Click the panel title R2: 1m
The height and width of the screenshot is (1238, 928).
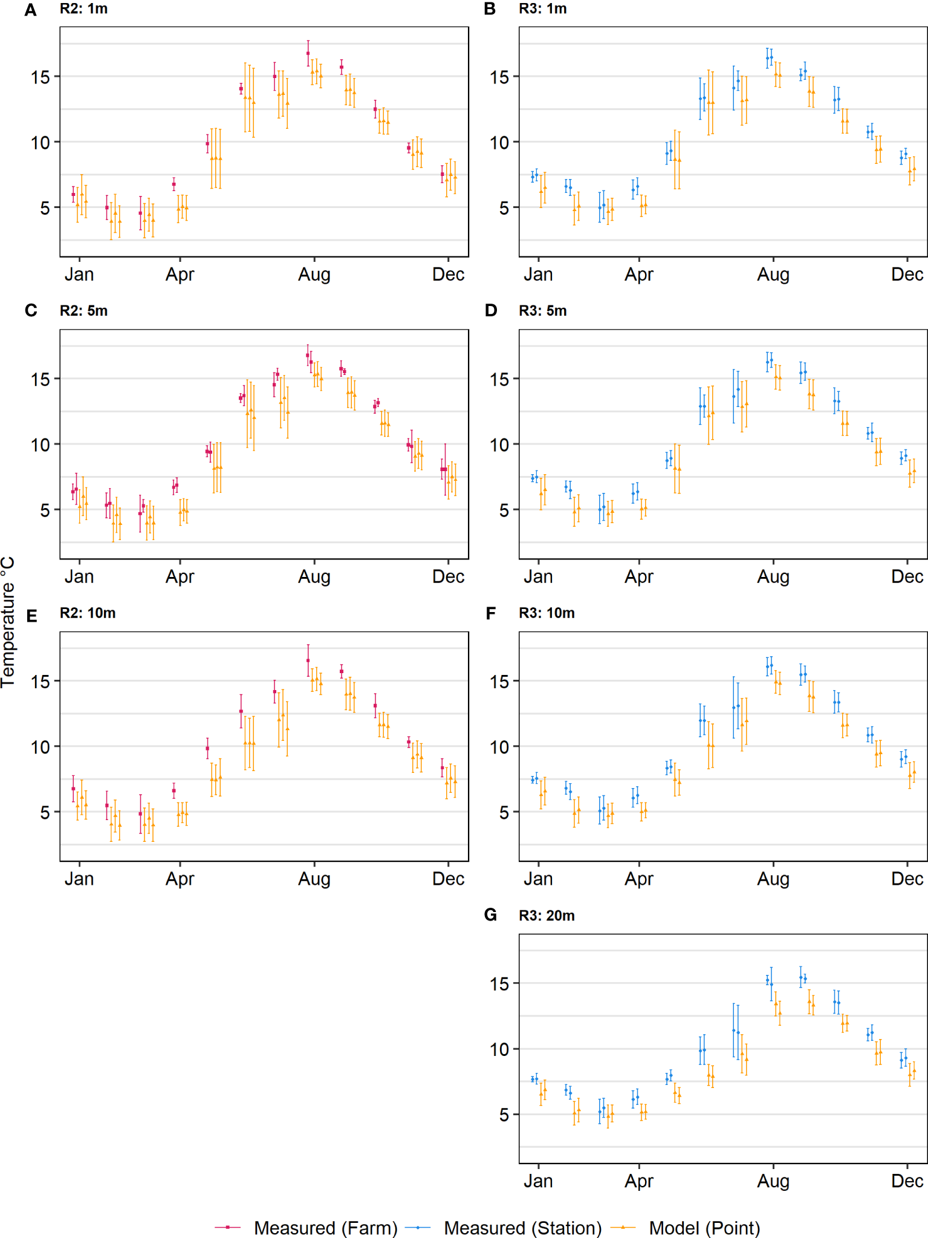click(83, 9)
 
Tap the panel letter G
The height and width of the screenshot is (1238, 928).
click(490, 915)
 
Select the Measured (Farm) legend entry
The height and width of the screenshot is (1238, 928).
click(306, 1228)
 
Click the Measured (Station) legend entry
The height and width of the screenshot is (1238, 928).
click(503, 1228)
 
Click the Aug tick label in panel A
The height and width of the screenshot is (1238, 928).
click(314, 275)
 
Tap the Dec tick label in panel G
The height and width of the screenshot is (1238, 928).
click(906, 1181)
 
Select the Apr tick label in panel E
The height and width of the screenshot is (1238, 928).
click(180, 878)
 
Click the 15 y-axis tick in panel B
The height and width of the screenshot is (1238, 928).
click(499, 77)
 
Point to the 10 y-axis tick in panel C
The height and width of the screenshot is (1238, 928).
click(41, 445)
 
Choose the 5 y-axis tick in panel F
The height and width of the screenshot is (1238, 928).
click(504, 812)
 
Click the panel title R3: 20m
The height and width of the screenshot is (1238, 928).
click(547, 916)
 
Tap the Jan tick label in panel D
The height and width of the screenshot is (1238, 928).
click(537, 576)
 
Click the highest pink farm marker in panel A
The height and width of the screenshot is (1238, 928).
click(308, 53)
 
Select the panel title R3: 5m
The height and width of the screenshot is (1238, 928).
click(543, 311)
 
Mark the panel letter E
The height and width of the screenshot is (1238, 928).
click(31, 616)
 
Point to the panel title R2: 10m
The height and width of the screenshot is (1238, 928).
click(87, 613)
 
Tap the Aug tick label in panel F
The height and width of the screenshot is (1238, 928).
click(773, 878)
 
